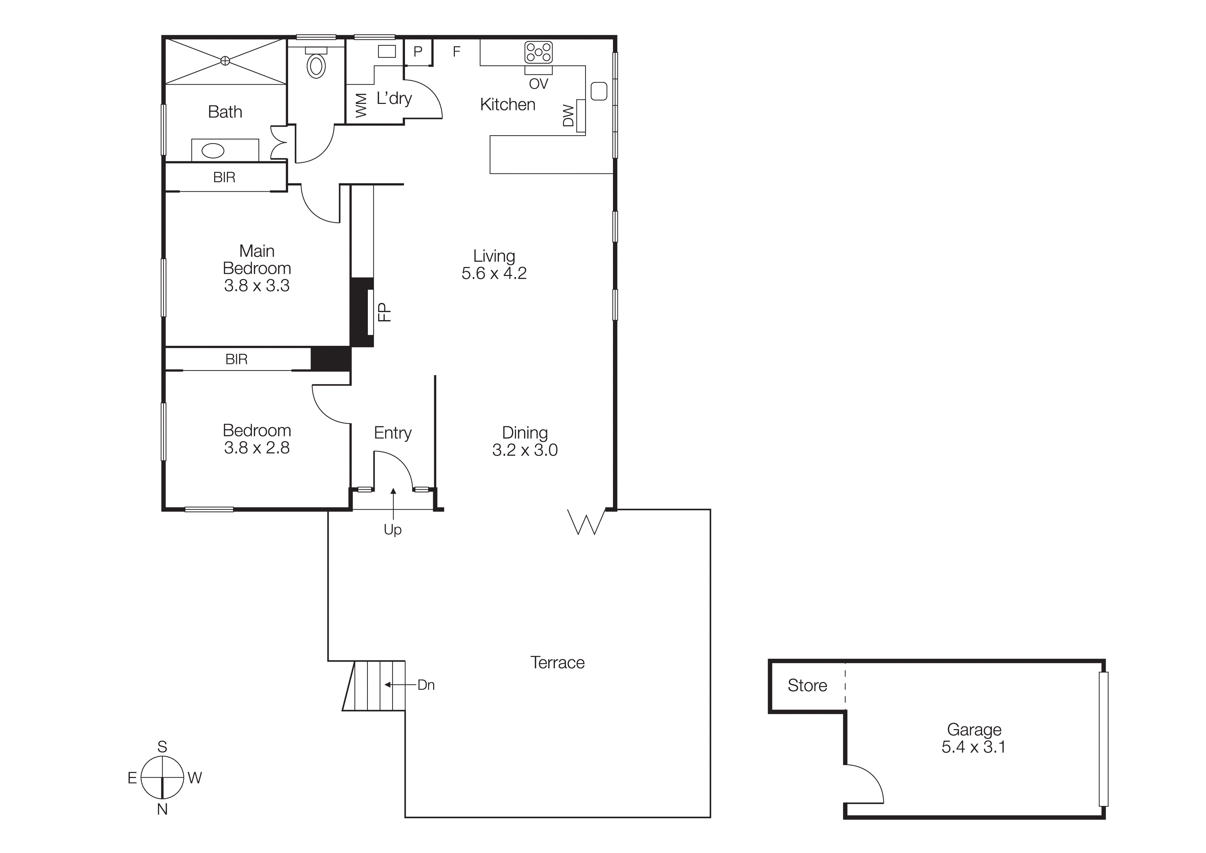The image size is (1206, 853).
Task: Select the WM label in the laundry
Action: click(x=361, y=106)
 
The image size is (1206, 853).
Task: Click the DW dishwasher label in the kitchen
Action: click(x=568, y=116)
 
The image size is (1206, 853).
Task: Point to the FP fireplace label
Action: click(x=385, y=312)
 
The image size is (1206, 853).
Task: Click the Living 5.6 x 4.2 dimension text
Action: click(x=494, y=273)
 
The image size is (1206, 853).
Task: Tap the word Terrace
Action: click(x=557, y=663)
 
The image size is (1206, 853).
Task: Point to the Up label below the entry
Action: click(x=392, y=530)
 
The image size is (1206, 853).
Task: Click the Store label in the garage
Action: click(x=807, y=686)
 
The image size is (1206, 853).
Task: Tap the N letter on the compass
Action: click(x=162, y=810)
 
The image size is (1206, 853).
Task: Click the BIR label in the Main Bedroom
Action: click(x=224, y=178)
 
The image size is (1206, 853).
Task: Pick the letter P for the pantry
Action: click(x=418, y=52)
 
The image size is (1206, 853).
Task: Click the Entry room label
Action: click(x=392, y=433)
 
